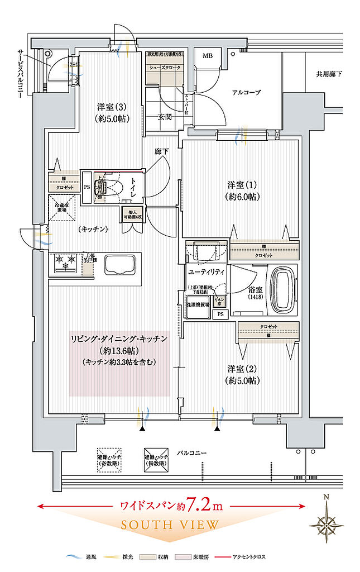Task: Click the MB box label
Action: point(208,56)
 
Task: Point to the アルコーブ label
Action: point(246,92)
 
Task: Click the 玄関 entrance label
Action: point(164,117)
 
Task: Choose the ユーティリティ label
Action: point(207,271)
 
